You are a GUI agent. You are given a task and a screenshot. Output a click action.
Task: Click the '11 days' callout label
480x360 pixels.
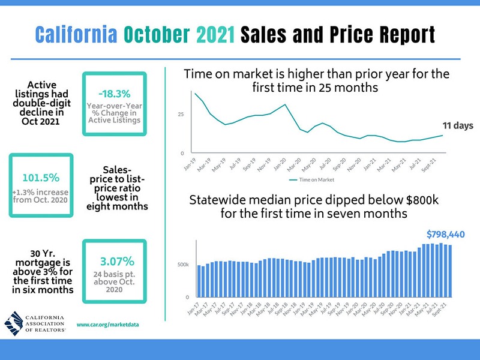coord(458,126)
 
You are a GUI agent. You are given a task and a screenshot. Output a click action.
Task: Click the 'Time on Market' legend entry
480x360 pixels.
coord(312,179)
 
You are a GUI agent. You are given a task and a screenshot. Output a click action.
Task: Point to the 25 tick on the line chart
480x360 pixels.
coord(181,115)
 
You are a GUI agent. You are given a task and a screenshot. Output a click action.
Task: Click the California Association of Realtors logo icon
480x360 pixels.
coord(15,323)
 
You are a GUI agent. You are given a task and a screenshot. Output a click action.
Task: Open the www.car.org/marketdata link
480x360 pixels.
coord(108,324)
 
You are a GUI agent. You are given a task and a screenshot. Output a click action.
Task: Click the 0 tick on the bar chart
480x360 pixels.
coord(187,297)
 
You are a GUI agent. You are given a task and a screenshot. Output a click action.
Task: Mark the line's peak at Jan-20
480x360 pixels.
coord(286,104)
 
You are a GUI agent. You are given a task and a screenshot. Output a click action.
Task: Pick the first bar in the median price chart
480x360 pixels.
coord(199,281)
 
